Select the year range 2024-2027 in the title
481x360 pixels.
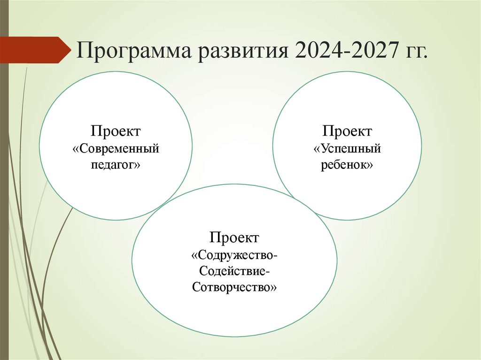click(345, 50)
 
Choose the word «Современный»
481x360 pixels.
click(116, 149)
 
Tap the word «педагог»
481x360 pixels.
click(116, 165)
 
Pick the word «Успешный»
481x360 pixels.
click(347, 149)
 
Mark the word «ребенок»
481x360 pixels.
click(347, 165)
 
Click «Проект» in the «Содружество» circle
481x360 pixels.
click(234, 237)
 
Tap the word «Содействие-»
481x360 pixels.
click(234, 271)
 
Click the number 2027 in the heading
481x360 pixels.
click(371, 50)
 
